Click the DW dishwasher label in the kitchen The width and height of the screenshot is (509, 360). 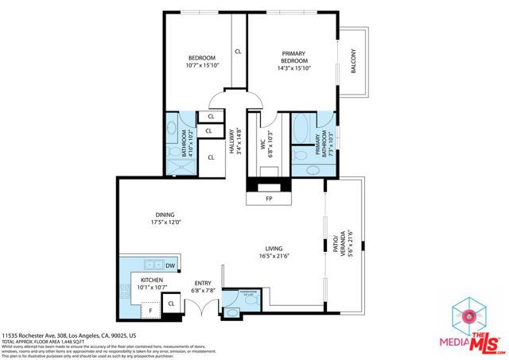tap(170, 265)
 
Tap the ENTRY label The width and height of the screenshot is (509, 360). tap(204, 283)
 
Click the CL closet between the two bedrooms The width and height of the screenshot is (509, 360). tap(237, 52)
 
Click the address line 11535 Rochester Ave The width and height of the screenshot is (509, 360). tap(70, 335)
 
